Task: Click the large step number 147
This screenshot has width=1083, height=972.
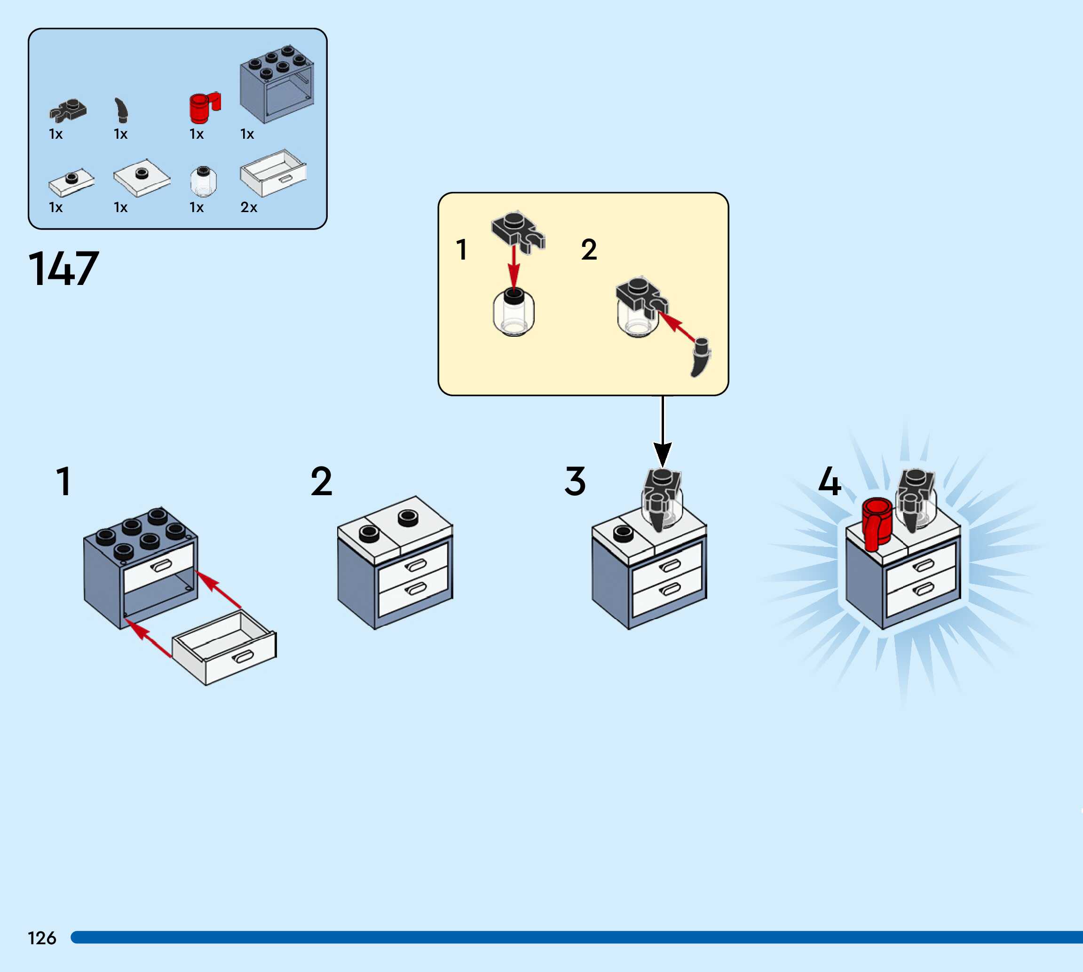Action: pyautogui.click(x=63, y=269)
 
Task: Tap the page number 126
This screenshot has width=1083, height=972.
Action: pyautogui.click(x=42, y=938)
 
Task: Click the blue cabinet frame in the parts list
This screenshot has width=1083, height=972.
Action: pyautogui.click(x=277, y=84)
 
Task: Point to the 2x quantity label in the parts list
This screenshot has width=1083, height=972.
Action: pyautogui.click(x=249, y=207)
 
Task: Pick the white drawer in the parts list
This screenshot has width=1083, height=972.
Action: pyautogui.click(x=273, y=172)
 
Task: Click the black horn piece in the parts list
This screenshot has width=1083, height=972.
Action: pyautogui.click(x=122, y=110)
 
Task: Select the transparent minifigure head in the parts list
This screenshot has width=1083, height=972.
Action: pyautogui.click(x=204, y=182)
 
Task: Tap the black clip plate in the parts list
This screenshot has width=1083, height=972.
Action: pyautogui.click(x=68, y=110)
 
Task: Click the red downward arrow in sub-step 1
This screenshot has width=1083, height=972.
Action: pyautogui.click(x=514, y=269)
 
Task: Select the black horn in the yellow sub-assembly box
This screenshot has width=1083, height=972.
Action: pyautogui.click(x=700, y=357)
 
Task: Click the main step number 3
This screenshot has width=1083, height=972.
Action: pyautogui.click(x=575, y=481)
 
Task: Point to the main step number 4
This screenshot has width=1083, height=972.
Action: pyautogui.click(x=830, y=481)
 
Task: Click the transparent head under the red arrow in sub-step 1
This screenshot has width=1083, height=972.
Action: pyautogui.click(x=514, y=314)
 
